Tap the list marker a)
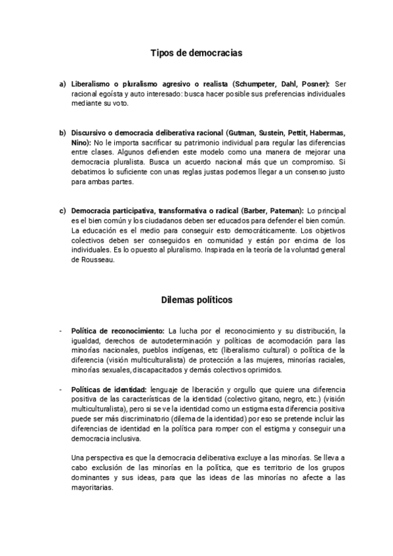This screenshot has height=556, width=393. pyautogui.click(x=62, y=84)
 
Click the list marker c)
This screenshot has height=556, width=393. pyautogui.click(x=62, y=210)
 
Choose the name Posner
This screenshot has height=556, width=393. pyautogui.click(x=314, y=84)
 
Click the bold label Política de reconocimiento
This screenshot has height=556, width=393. pyautogui.click(x=118, y=330)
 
